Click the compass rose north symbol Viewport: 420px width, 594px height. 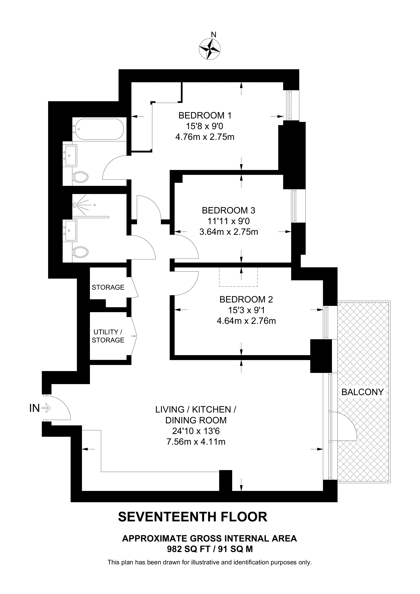click(x=210, y=48)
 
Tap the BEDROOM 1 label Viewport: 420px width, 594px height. click(x=205, y=115)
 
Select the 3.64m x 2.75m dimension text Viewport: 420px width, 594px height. click(x=229, y=232)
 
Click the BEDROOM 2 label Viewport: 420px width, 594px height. click(x=246, y=300)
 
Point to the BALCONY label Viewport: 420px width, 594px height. click(x=362, y=392)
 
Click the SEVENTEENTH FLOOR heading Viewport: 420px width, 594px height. click(x=193, y=517)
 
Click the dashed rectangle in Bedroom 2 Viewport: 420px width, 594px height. click(x=238, y=277)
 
